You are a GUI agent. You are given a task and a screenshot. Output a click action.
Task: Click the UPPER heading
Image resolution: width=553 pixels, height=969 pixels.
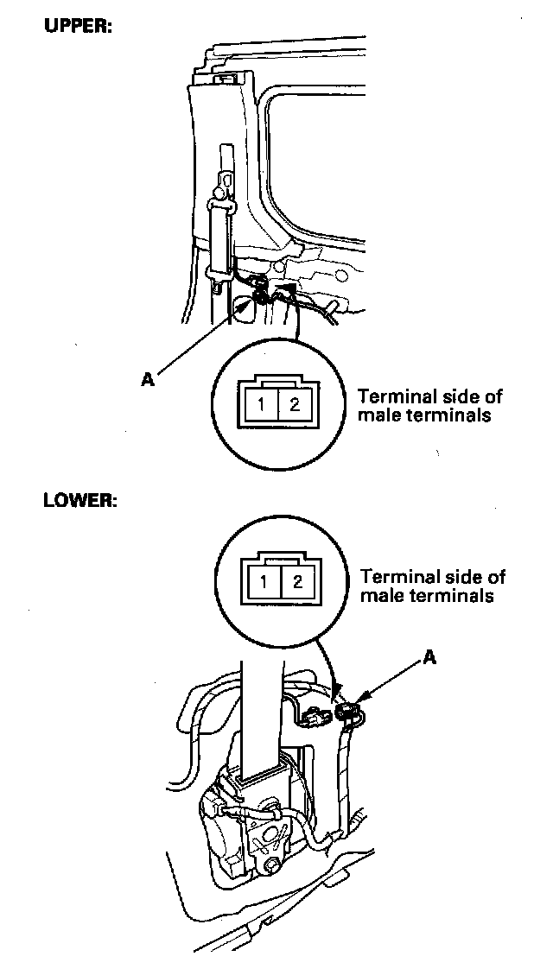click(x=79, y=27)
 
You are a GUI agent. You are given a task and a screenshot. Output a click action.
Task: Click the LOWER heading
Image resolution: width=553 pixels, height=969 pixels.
click(x=80, y=501)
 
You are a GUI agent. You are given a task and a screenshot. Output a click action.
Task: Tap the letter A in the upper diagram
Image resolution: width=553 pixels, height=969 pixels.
click(x=147, y=379)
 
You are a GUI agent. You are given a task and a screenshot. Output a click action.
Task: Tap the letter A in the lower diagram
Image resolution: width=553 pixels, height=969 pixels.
click(x=429, y=658)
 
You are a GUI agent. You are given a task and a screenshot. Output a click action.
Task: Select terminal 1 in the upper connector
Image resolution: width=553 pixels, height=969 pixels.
click(x=262, y=405)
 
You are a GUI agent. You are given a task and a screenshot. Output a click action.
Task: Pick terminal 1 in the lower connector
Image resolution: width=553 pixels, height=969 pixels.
click(x=264, y=581)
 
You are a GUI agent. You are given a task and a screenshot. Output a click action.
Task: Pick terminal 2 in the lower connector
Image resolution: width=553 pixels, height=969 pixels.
click(x=297, y=581)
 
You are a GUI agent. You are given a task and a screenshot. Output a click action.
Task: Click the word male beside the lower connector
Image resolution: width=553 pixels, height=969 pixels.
click(x=382, y=596)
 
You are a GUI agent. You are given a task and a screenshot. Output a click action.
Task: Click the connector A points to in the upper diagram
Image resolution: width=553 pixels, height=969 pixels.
click(x=261, y=292)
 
